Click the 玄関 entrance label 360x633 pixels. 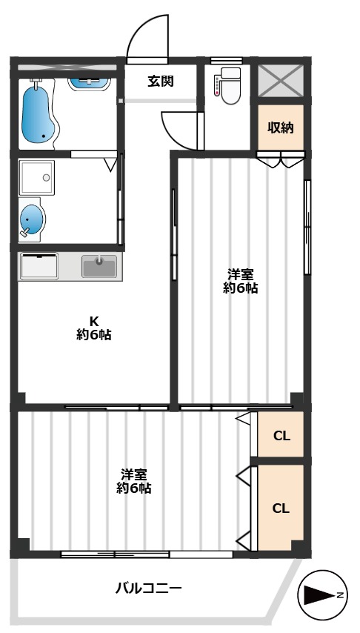pos(160,81)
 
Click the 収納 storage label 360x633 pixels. pos(281,127)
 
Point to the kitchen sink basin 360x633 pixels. pos(99,265)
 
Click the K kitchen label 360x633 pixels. pos(94,321)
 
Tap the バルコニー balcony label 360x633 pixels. pos(148,589)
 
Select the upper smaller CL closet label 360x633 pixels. pos(281,435)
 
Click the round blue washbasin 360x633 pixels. pos(32,220)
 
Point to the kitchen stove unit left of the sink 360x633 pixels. pos(39,265)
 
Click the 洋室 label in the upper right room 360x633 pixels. pos(241,273)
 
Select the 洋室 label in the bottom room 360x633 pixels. pos(134,474)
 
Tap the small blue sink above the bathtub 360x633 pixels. pos(89,81)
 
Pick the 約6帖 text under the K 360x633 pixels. pos(94,335)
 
